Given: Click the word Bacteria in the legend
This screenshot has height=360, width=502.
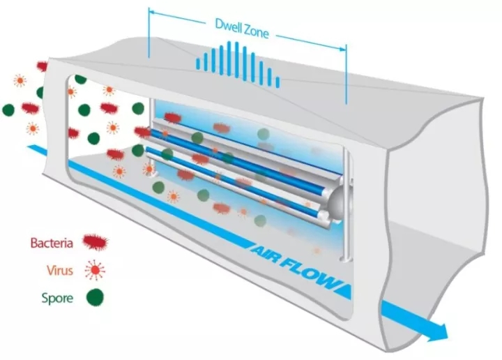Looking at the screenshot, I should tap(53, 243).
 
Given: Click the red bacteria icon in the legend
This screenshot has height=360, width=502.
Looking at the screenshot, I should tap(98, 243).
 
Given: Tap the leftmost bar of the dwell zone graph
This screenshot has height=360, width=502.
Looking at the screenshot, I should tap(197, 65).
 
